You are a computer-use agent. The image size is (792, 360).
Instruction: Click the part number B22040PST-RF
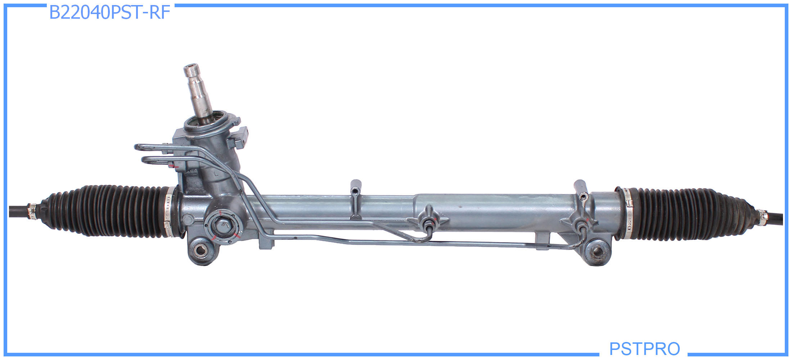tap(109, 13)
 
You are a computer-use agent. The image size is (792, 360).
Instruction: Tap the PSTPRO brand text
tap(644, 348)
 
